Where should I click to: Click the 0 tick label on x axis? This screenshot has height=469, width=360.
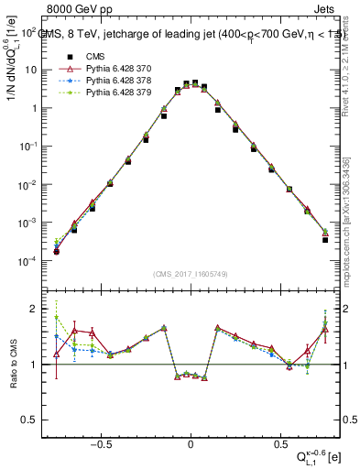[190, 442]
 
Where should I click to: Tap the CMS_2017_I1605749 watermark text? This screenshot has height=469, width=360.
[191, 274]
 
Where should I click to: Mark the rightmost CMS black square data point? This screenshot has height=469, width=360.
[325, 240]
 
